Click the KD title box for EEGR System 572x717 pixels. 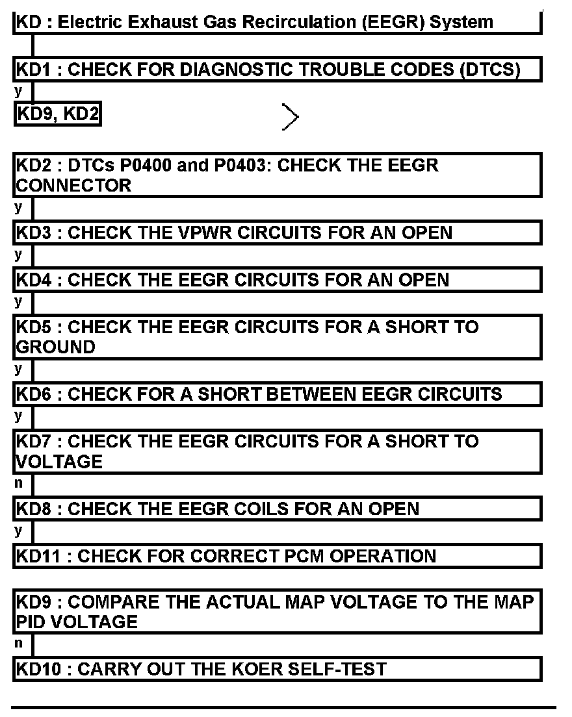click(x=277, y=22)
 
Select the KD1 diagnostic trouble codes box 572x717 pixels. click(x=277, y=69)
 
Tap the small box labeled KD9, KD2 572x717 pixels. click(x=57, y=115)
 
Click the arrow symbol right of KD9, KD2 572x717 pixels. click(x=291, y=117)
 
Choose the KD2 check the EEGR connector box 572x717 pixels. click(x=277, y=175)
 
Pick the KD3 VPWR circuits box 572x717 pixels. click(x=277, y=233)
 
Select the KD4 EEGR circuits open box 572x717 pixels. click(x=277, y=280)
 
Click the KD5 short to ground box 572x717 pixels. click(x=277, y=336)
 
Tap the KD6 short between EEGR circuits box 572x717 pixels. click(x=277, y=394)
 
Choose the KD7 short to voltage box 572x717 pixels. click(x=277, y=451)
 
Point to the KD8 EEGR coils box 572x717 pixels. click(x=277, y=509)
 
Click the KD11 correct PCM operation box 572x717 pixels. click(x=277, y=556)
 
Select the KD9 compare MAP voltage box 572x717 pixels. click(x=277, y=612)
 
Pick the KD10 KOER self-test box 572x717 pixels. click(x=277, y=669)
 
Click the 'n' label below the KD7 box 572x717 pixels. click(x=18, y=483)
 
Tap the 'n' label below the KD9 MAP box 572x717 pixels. click(x=18, y=644)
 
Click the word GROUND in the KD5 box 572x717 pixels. click(x=55, y=347)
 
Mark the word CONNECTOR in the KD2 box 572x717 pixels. click(x=73, y=185)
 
